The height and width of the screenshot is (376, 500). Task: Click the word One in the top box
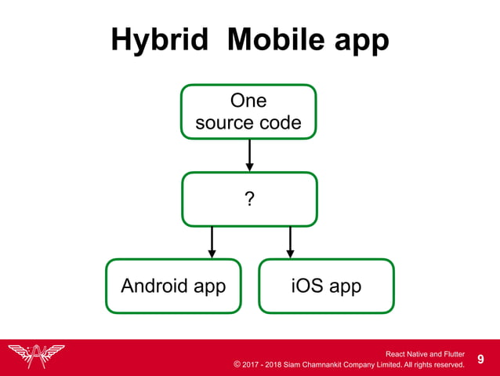(248, 101)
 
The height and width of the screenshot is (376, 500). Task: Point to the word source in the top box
(223, 123)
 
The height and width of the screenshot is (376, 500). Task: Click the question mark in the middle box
(249, 199)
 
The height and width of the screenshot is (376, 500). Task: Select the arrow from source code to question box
(249, 155)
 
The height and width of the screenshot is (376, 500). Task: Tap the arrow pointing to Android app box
(212, 242)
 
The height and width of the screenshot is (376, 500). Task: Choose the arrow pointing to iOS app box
(290, 242)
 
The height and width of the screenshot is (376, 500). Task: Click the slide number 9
(481, 360)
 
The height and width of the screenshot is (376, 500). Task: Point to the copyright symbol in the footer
(237, 364)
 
